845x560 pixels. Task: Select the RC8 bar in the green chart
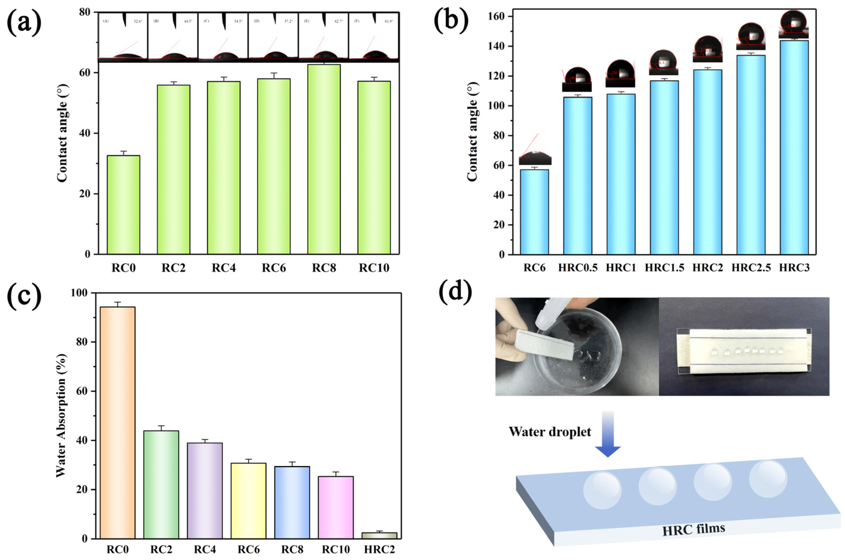click(x=324, y=159)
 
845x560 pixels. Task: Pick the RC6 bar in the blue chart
click(x=534, y=212)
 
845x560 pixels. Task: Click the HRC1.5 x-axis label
click(x=664, y=268)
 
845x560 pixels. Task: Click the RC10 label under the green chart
click(x=374, y=268)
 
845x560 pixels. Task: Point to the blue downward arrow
click(x=608, y=434)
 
